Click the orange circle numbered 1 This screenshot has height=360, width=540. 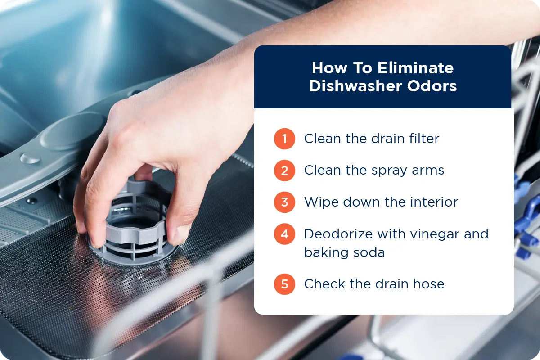tap(284, 139)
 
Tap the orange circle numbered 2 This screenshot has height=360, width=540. tap(284, 170)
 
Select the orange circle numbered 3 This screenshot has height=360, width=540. tap(284, 202)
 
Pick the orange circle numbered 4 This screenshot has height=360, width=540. tap(284, 234)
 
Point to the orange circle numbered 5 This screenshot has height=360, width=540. tap(284, 284)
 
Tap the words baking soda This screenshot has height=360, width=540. tap(344, 252)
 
